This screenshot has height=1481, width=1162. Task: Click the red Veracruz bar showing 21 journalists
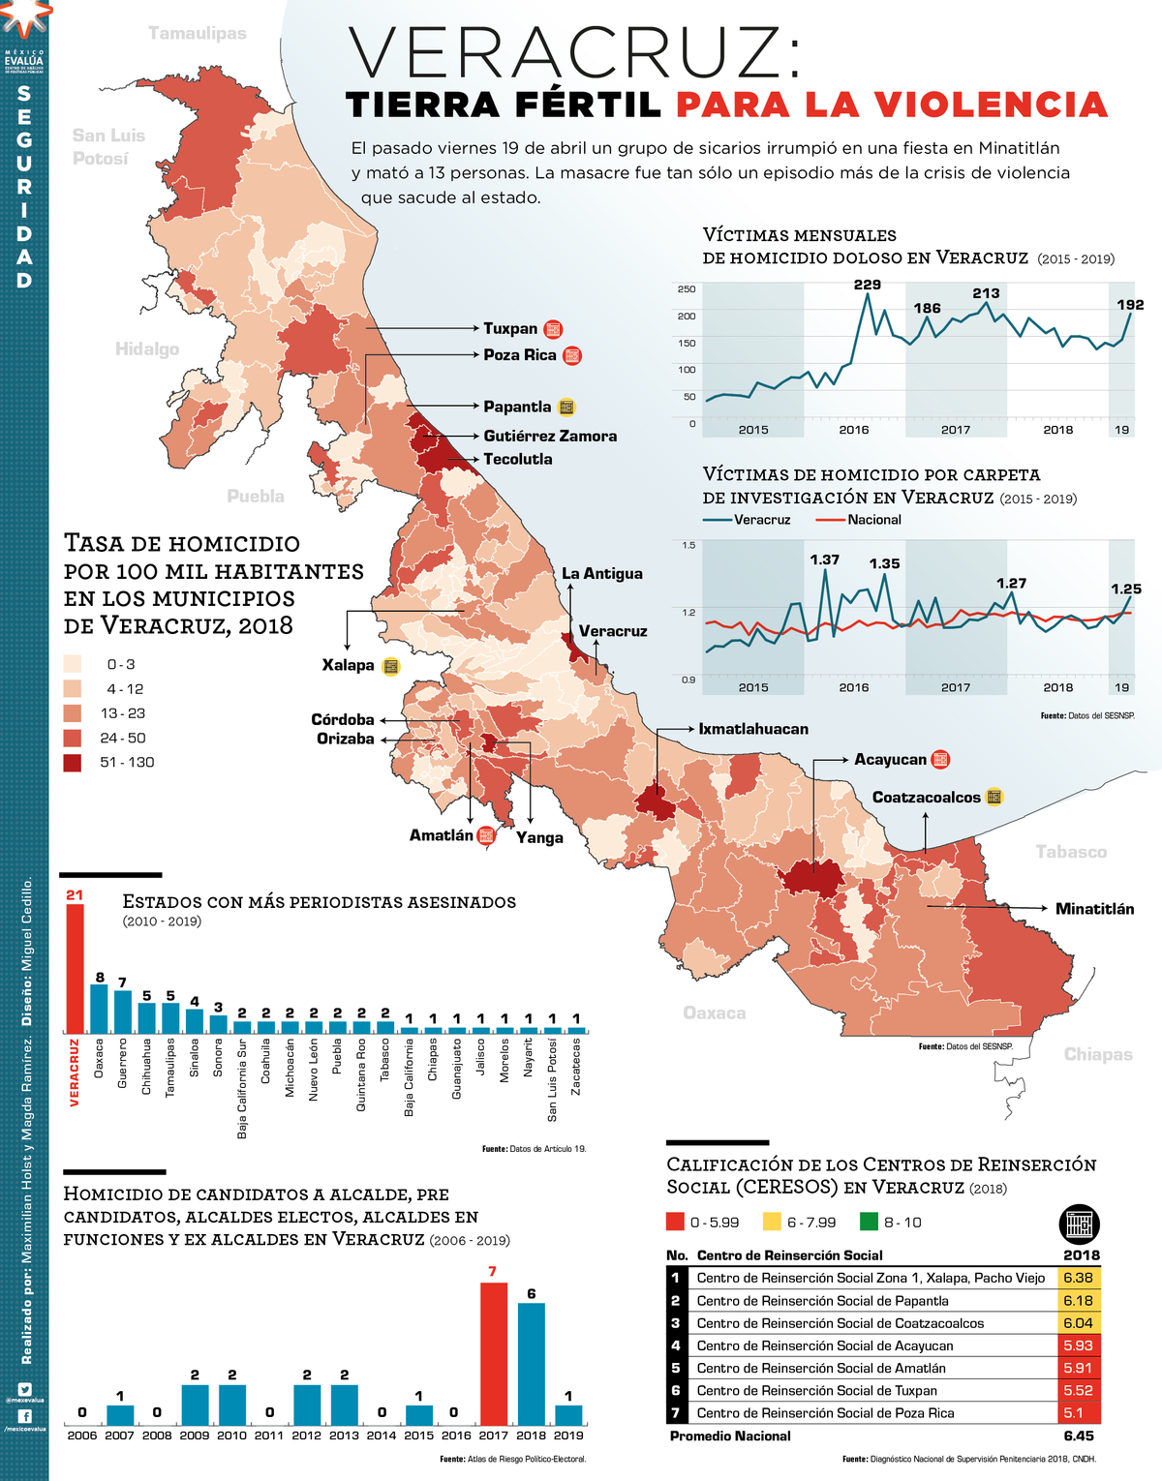tap(75, 968)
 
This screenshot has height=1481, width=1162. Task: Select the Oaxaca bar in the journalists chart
tap(99, 1009)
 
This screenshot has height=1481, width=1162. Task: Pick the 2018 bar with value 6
tap(531, 1364)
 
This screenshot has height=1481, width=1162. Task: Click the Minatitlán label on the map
tap(1094, 909)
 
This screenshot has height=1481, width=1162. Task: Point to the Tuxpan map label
tap(510, 329)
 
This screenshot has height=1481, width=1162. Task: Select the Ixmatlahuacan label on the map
tap(753, 729)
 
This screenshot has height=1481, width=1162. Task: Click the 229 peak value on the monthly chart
tap(867, 285)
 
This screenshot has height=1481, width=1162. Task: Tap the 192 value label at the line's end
tap(1130, 305)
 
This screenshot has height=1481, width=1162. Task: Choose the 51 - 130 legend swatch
tap(73, 763)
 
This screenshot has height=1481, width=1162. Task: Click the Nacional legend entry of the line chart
tap(873, 520)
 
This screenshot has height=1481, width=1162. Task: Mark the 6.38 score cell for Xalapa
tap(1078, 1278)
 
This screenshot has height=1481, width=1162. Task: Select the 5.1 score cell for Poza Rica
tap(1078, 1413)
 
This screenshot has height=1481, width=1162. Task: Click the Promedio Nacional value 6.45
tap(1078, 1436)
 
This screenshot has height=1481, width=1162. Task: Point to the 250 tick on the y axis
tap(686, 289)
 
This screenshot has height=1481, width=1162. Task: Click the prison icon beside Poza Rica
tap(572, 355)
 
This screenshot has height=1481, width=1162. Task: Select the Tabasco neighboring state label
tap(1070, 852)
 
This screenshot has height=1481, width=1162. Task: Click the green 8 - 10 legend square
tap(869, 1222)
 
